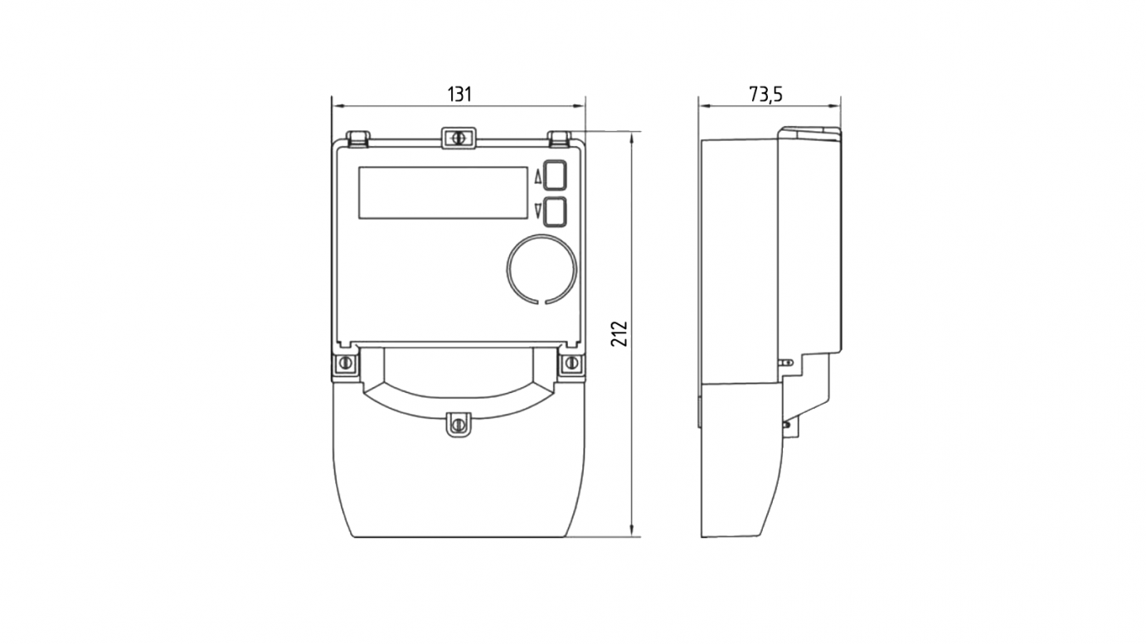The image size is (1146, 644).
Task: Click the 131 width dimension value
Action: coord(459,94)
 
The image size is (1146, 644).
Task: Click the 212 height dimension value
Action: coord(619,334)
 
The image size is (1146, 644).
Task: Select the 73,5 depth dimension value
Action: coord(766,94)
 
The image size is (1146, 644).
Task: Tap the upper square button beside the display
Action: coord(554,176)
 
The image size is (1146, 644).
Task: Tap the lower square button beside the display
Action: coord(554,212)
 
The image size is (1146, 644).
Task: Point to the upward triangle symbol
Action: coord(537,177)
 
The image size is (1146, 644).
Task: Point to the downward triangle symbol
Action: coord(537,211)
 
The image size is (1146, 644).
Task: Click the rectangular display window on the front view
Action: coord(443,193)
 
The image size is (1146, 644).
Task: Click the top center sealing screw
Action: coord(458,138)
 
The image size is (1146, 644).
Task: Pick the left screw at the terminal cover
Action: coord(345,363)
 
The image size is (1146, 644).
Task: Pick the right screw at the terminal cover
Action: coord(571,363)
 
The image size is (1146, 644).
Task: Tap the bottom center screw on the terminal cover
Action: coord(459,424)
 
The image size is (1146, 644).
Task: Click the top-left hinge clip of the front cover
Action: coord(358,138)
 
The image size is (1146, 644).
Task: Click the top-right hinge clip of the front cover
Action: coord(559,138)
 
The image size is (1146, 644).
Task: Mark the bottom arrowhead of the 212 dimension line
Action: coord(633,531)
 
